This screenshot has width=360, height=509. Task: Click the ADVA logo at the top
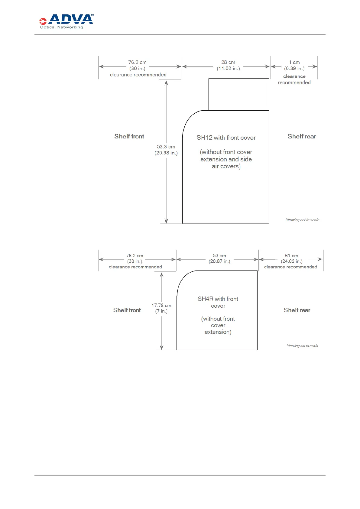coord(66,21)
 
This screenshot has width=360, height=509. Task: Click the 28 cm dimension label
coord(228,62)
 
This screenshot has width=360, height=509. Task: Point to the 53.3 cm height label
coord(166,147)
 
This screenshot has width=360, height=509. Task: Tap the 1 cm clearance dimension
coord(294,62)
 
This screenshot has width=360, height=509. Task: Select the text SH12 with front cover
coord(226,138)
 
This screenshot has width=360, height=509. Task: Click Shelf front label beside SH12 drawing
coord(129,136)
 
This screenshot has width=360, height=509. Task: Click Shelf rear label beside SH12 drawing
coord(302,136)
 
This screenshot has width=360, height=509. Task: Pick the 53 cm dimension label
coord(219,256)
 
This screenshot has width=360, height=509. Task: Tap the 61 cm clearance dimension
coord(291,256)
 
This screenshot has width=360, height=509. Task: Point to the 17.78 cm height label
coord(161,306)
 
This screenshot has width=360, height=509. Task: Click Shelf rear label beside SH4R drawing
coord(297,310)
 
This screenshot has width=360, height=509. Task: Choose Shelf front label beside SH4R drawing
coord(127,310)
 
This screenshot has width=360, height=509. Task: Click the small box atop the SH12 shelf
coord(238,94)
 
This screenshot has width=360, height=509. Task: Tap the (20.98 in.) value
coord(166,153)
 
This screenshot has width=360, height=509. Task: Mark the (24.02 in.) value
coord(291,261)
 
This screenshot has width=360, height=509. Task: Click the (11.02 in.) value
coord(228,69)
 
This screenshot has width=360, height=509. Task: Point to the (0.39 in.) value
coord(294,69)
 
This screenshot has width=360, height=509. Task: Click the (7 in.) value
coord(161,311)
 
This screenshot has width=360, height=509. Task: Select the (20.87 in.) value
coord(219,261)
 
